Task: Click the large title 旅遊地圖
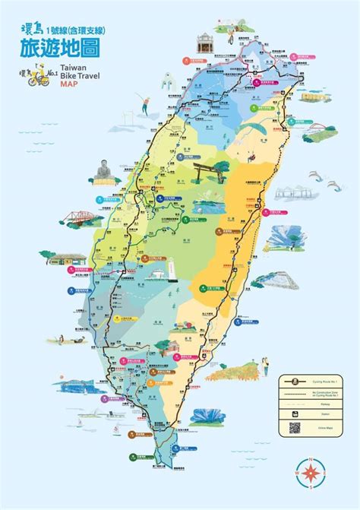click(x=57, y=47)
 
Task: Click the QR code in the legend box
click(x=295, y=428)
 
